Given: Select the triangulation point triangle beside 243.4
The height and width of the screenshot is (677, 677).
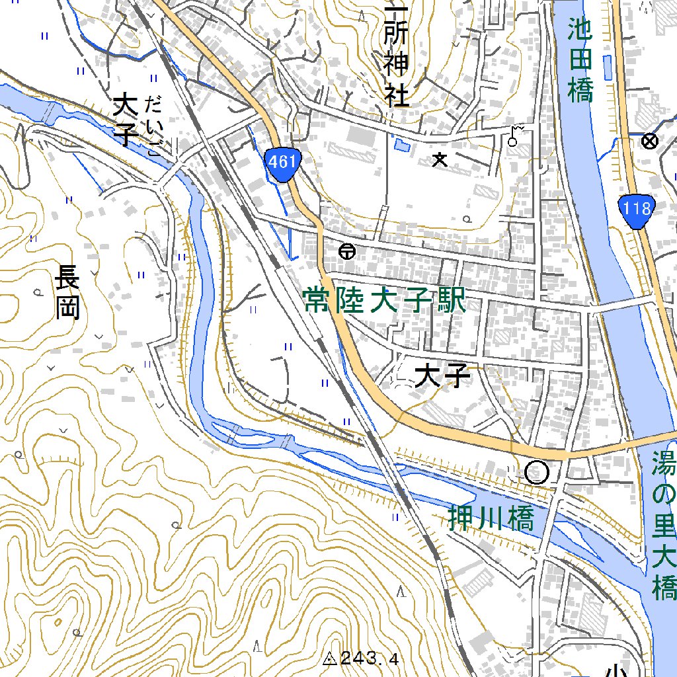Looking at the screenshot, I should tap(331, 658).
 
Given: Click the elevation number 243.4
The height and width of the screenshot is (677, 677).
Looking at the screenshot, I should tap(371, 658).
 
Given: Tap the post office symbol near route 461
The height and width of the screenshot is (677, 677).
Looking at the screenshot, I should tap(346, 251).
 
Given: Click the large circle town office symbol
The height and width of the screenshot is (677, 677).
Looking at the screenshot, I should tap(537, 472).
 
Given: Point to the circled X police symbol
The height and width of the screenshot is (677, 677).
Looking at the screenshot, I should tap(651, 140).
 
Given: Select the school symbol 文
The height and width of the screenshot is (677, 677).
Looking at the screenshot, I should tap(439, 159).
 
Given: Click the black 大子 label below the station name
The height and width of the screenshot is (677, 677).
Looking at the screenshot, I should tap(442, 377).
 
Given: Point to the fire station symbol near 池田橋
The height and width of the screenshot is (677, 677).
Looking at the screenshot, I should tap(514, 135).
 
